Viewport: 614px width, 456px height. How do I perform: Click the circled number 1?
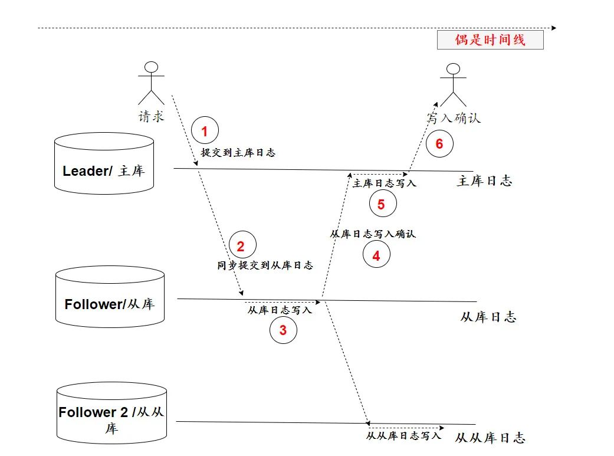coord(205,131)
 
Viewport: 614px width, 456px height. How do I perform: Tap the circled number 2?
coord(240,247)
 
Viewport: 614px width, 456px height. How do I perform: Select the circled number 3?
coord(283,330)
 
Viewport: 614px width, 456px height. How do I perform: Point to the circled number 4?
coord(376,255)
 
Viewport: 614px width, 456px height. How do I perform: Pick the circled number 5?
coord(381,204)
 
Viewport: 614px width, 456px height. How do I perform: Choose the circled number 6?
coord(439,144)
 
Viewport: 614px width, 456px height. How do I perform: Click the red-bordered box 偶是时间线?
coord(490,40)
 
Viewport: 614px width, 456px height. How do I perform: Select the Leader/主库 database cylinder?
coord(104,163)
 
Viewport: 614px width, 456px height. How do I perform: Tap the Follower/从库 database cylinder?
coord(110,297)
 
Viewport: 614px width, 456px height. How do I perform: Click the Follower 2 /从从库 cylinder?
coord(111,412)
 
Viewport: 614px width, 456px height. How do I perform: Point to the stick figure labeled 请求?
coord(152,83)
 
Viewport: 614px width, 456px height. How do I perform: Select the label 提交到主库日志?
coord(238,152)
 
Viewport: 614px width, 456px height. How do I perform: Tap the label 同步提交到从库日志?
coord(265,265)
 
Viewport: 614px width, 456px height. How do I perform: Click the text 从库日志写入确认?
coord(372,234)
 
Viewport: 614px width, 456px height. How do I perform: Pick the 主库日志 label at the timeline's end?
coord(484,181)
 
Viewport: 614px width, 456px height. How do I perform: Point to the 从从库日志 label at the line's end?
coord(490,438)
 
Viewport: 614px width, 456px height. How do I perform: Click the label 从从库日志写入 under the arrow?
coord(403,435)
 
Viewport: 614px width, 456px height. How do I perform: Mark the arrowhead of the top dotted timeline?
coord(553,28)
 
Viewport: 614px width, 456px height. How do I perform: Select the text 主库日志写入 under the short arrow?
coord(384,183)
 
